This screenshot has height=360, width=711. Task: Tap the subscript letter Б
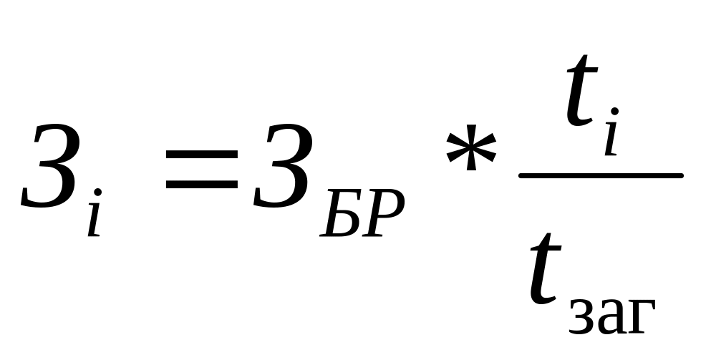342,214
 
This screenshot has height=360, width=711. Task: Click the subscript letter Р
382,214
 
